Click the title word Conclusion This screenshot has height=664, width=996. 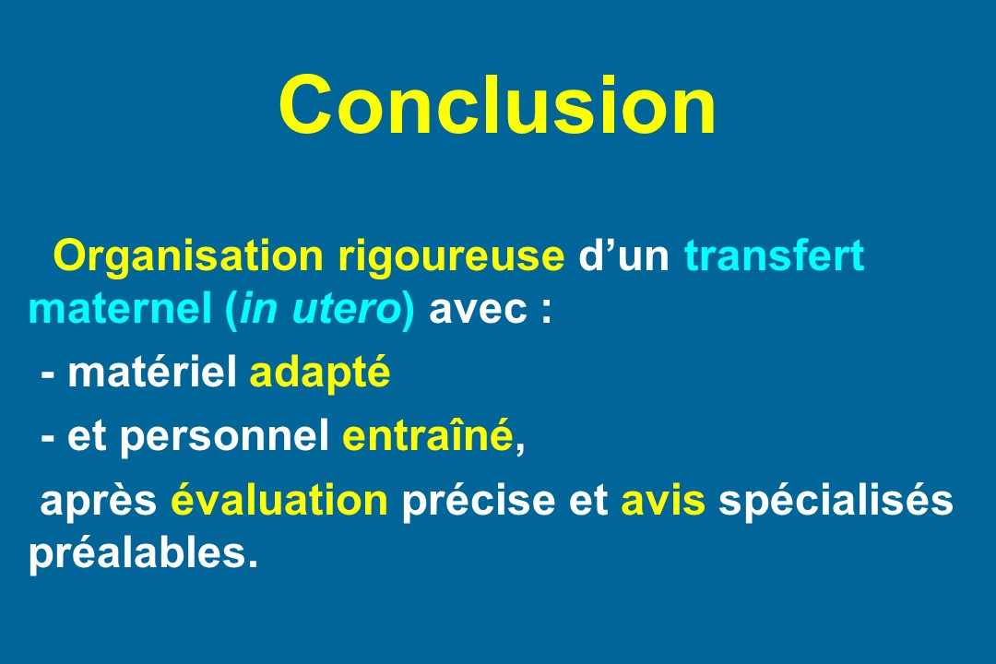click(498, 105)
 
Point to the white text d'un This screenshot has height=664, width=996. click(623, 255)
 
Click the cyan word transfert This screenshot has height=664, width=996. click(775, 255)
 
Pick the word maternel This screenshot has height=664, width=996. click(120, 309)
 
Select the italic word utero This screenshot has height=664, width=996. click(345, 310)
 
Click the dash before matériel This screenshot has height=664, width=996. click(48, 377)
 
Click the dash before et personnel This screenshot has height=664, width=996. click(48, 440)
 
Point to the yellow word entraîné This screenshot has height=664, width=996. click(428, 434)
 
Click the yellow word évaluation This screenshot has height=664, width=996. click(279, 499)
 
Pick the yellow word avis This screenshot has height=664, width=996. click(663, 499)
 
